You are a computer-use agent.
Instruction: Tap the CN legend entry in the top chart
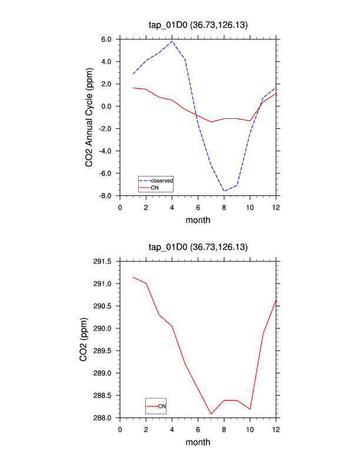point(155,187)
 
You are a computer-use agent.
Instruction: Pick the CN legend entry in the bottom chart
point(162,406)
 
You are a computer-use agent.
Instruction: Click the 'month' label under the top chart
point(198,220)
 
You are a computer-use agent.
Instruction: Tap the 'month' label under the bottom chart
point(198,442)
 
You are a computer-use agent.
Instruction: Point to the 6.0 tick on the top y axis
point(106,39)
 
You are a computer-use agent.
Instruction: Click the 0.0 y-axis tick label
point(106,106)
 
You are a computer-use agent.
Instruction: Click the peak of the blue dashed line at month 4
point(172,41)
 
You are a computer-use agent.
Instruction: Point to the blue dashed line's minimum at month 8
point(224,191)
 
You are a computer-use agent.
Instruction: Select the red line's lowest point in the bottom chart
point(211,414)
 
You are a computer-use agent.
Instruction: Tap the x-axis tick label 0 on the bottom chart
point(120,429)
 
